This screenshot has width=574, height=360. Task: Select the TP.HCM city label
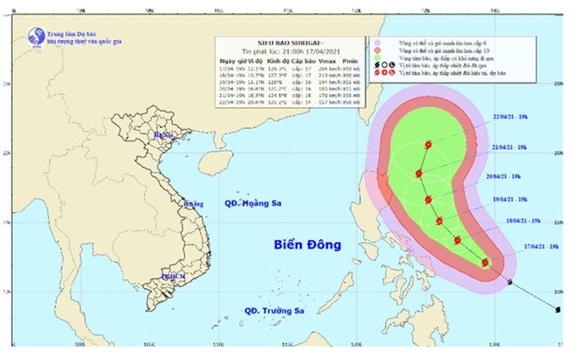coord(173,276)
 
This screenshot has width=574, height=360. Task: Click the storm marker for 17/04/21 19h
coord(485,262)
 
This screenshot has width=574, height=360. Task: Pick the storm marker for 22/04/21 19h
coord(428,145)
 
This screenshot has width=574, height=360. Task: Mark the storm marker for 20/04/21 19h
coord(429,200)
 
